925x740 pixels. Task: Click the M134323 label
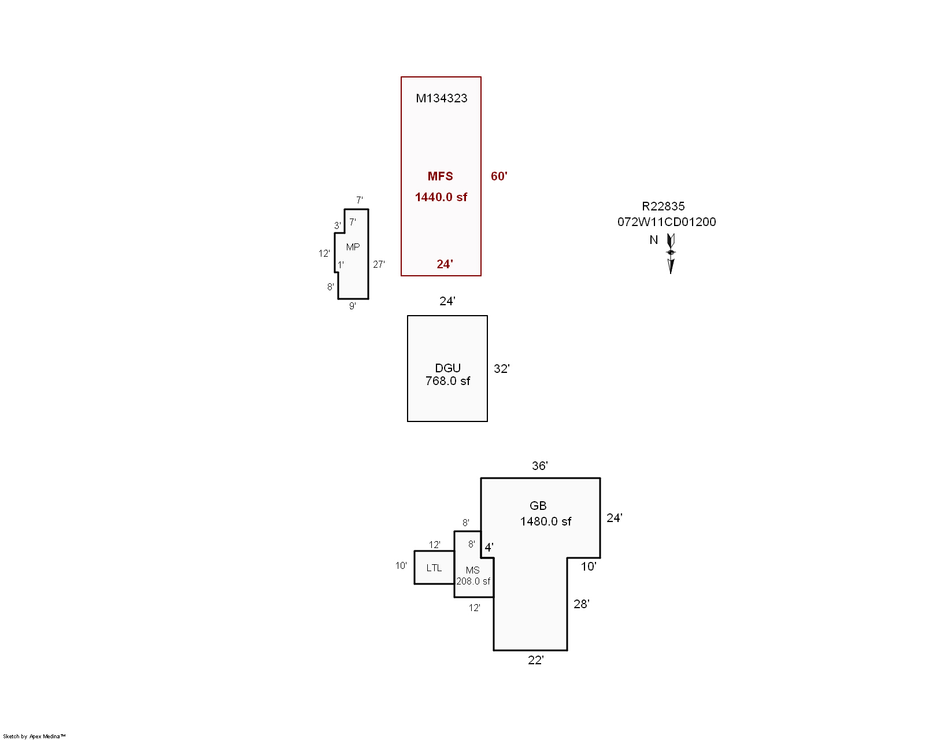[442, 98]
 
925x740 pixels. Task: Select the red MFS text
[440, 176]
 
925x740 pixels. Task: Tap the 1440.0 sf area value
[441, 197]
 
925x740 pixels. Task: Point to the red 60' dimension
[499, 176]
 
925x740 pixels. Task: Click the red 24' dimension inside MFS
[445, 264]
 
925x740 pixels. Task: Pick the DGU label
[448, 368]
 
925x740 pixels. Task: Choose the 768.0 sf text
[448, 381]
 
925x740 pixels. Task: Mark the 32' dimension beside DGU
[502, 369]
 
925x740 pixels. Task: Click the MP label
[353, 247]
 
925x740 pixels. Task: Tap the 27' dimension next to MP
[379, 264]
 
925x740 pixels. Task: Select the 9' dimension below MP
[353, 306]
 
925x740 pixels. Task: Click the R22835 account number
[663, 206]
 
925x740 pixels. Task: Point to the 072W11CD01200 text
[667, 222]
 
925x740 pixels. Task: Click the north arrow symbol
[671, 254]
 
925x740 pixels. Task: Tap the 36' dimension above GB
[540, 465]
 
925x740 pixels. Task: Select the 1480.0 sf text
[546, 521]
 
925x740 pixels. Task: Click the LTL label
[434, 568]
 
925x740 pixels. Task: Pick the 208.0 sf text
[473, 582]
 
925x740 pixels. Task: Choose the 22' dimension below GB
[536, 660]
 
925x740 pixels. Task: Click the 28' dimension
[582, 604]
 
